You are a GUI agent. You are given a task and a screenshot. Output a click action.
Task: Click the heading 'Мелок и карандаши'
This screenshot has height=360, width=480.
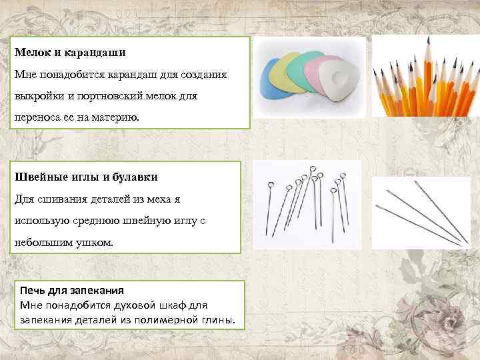point(71,52)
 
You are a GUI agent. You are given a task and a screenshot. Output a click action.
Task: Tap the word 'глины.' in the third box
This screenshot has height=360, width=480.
point(219,319)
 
